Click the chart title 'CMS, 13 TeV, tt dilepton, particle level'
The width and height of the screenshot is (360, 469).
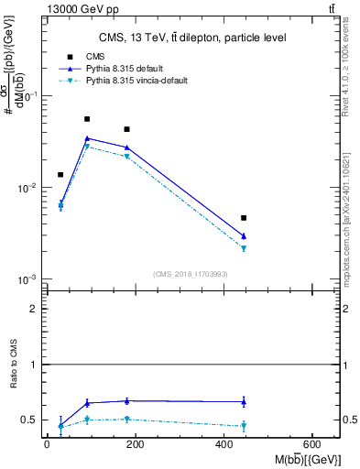tap(192, 38)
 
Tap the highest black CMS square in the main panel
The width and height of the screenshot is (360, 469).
tap(87, 119)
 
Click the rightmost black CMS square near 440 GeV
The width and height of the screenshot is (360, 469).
tap(244, 218)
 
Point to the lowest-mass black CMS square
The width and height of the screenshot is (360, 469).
tap(60, 174)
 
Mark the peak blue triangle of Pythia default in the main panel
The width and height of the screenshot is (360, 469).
tap(87, 138)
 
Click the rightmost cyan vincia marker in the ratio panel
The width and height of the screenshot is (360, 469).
tap(244, 426)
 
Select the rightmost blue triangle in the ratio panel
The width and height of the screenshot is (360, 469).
tap(244, 401)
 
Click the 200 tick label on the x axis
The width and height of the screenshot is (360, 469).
tap(135, 444)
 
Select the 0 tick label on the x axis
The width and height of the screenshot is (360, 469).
tap(47, 444)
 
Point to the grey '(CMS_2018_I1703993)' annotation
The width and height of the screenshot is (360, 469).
tap(191, 273)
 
